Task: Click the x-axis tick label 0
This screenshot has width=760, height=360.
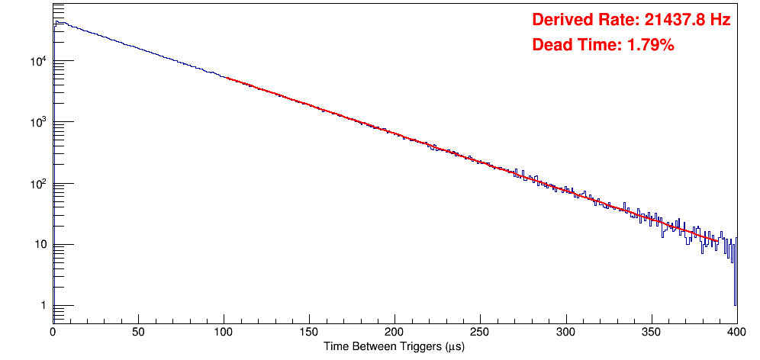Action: tap(53, 332)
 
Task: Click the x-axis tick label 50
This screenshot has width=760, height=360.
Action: tap(138, 332)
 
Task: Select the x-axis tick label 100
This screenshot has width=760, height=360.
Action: tap(224, 332)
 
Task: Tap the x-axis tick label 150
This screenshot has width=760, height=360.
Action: tap(309, 332)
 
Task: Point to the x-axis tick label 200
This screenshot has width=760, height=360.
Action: tap(394, 332)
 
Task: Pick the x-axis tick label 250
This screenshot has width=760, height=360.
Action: tap(480, 332)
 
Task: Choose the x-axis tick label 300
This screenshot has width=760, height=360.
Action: tap(565, 332)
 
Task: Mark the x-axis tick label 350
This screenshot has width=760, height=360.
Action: tap(651, 332)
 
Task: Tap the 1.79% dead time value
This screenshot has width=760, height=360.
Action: tap(650, 45)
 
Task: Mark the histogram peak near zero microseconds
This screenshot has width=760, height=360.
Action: tap(58, 22)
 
